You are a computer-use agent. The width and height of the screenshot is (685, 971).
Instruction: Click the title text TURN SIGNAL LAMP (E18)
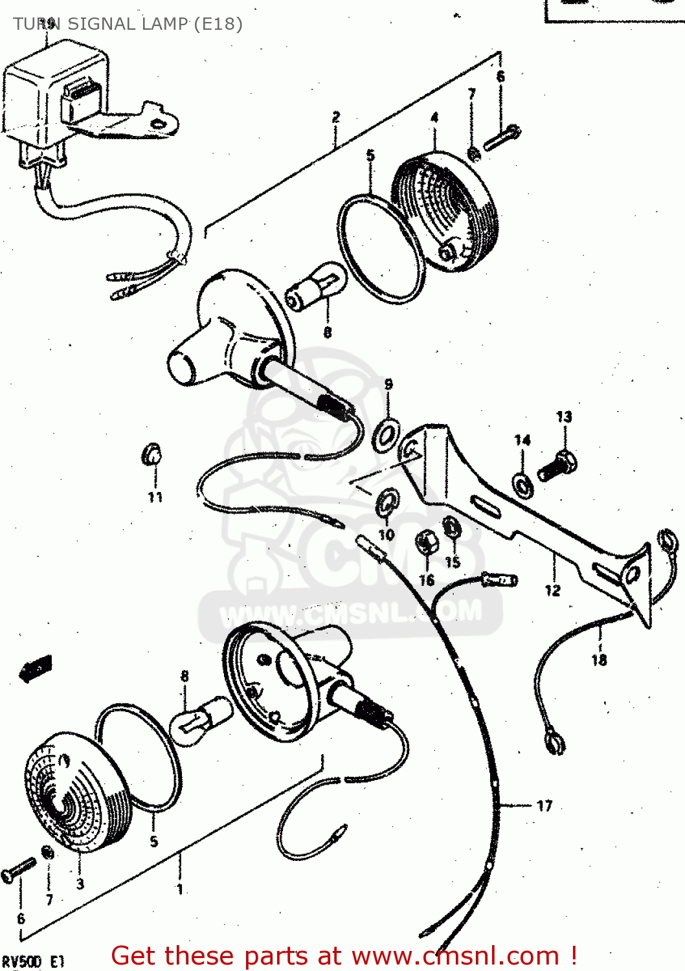point(128,24)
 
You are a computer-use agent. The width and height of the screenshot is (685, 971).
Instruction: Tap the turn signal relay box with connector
point(58,97)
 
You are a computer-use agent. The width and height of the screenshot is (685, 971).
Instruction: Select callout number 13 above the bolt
point(564,417)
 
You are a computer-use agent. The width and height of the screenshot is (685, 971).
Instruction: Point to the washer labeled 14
point(522,484)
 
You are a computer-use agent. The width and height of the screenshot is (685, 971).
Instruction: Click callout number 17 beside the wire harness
point(545,806)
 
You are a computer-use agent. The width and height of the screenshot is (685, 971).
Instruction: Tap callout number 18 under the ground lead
point(599,660)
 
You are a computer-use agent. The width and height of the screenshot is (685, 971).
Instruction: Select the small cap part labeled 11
point(152,454)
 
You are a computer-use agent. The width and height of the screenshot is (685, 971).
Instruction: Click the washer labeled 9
point(387,434)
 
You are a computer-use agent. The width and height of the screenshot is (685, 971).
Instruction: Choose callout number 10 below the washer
point(387,535)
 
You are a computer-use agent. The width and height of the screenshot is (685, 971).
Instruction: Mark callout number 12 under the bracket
point(552,590)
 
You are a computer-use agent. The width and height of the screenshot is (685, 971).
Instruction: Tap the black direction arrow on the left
point(36,668)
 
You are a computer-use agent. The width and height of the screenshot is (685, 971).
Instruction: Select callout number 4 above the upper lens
point(434,118)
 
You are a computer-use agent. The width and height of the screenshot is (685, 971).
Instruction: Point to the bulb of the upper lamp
point(316,288)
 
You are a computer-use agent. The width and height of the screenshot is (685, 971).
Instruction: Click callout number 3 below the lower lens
point(80,884)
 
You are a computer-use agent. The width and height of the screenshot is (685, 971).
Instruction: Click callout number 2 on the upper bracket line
point(335,117)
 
